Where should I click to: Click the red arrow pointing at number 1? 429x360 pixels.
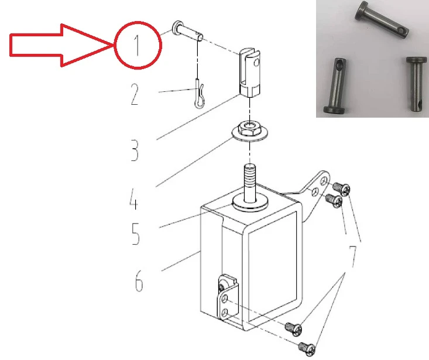coord(60,45)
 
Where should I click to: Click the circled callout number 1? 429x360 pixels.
coord(137,45)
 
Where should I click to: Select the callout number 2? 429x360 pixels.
coord(135,94)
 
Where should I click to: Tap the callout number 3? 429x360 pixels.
coord(135,150)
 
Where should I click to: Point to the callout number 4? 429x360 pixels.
coord(133,199)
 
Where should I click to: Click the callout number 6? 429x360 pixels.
coord(139,280)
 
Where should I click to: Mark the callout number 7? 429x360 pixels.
coord(353,256)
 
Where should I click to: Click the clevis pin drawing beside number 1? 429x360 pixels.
coord(187,31)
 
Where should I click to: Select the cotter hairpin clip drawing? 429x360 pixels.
coord(199,93)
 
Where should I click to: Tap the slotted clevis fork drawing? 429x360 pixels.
coord(250,73)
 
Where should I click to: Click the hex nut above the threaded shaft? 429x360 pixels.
coord(249,128)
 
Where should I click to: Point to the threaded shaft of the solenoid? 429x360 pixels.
coord(249,183)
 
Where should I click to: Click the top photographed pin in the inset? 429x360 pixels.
coord(382,20)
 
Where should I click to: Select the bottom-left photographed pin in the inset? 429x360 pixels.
coord(335,85)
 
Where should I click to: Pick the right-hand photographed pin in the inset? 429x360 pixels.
coord(416,84)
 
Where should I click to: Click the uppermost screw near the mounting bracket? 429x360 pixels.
coord(341,189)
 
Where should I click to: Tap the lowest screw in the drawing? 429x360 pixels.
coord(307,349)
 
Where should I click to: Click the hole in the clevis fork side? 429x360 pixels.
coord(256,63)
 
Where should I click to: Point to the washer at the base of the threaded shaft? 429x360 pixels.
coord(249,204)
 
